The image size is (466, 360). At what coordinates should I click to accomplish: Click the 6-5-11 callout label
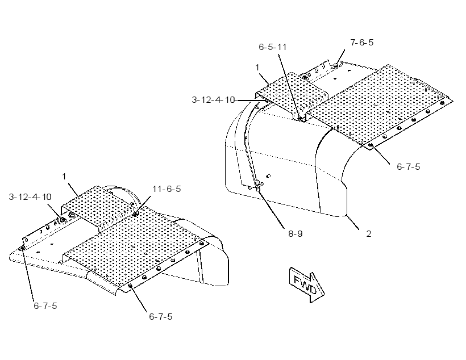[x=273, y=47]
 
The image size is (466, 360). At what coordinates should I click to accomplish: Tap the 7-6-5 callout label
[x=361, y=43]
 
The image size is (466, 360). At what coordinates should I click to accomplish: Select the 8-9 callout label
[x=296, y=234]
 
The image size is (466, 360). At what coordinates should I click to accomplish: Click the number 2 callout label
[x=368, y=234]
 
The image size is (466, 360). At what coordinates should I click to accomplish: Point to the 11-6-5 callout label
[x=167, y=189]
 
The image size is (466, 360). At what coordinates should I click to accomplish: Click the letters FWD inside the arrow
[x=305, y=284]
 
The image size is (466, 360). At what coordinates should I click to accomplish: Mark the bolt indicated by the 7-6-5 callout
[x=335, y=65]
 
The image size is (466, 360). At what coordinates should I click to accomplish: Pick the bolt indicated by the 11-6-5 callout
[x=135, y=214]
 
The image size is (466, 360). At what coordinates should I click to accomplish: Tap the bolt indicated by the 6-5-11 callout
[x=301, y=119]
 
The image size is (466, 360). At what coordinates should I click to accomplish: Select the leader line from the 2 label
[x=352, y=223]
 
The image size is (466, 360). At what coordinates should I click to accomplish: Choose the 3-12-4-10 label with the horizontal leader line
[x=213, y=100]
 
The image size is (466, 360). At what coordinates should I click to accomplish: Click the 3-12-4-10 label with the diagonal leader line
[x=30, y=197]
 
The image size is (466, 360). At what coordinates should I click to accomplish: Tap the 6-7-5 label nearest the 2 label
[x=409, y=166]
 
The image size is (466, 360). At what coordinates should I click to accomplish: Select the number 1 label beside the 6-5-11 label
[x=257, y=68]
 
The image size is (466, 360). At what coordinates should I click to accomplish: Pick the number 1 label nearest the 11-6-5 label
[x=64, y=177]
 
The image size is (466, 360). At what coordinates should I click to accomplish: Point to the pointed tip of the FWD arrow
[x=324, y=295]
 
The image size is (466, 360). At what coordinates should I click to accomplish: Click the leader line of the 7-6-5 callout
[x=340, y=57]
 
